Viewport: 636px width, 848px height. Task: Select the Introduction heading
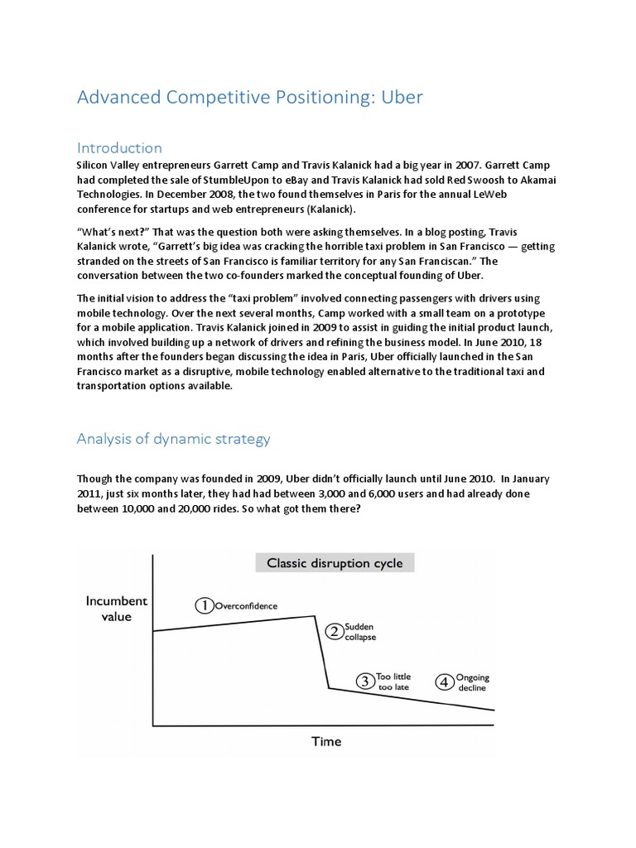tap(119, 147)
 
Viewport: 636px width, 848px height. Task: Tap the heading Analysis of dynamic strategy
tap(173, 439)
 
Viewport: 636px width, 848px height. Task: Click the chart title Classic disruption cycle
tap(335, 563)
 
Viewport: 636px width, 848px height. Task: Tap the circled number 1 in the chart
tap(204, 606)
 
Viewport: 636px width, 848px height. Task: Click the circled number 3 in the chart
tap(365, 682)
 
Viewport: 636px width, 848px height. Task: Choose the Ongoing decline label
tap(472, 682)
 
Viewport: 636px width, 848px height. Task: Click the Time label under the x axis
tap(326, 741)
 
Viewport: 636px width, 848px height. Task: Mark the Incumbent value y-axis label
tap(117, 609)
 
